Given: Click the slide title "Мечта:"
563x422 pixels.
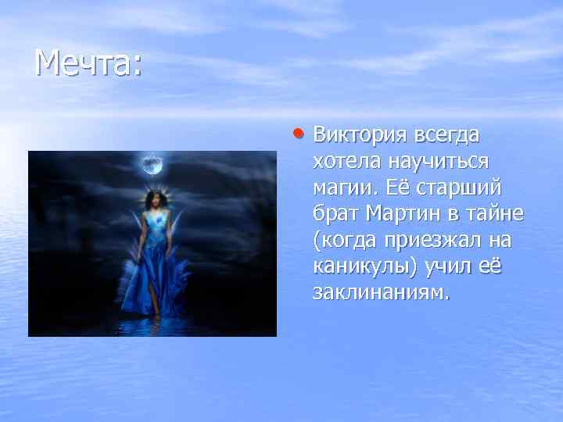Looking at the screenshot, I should click(x=88, y=63).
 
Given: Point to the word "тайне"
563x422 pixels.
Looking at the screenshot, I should click(x=495, y=214).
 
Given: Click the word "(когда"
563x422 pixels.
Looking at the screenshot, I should click(x=341, y=241).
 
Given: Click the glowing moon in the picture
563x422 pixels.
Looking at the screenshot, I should click(x=152, y=164).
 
